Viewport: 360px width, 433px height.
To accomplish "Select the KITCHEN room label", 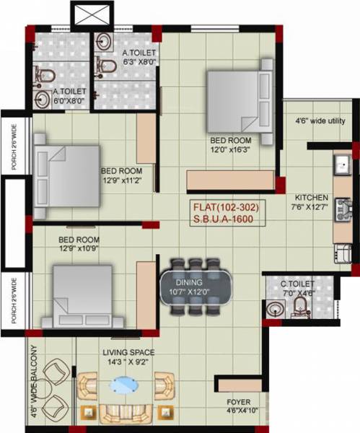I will point(312,197).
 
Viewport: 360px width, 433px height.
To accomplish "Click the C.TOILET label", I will point(297,285).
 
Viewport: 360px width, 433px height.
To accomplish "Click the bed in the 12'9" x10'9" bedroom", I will point(79,296).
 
